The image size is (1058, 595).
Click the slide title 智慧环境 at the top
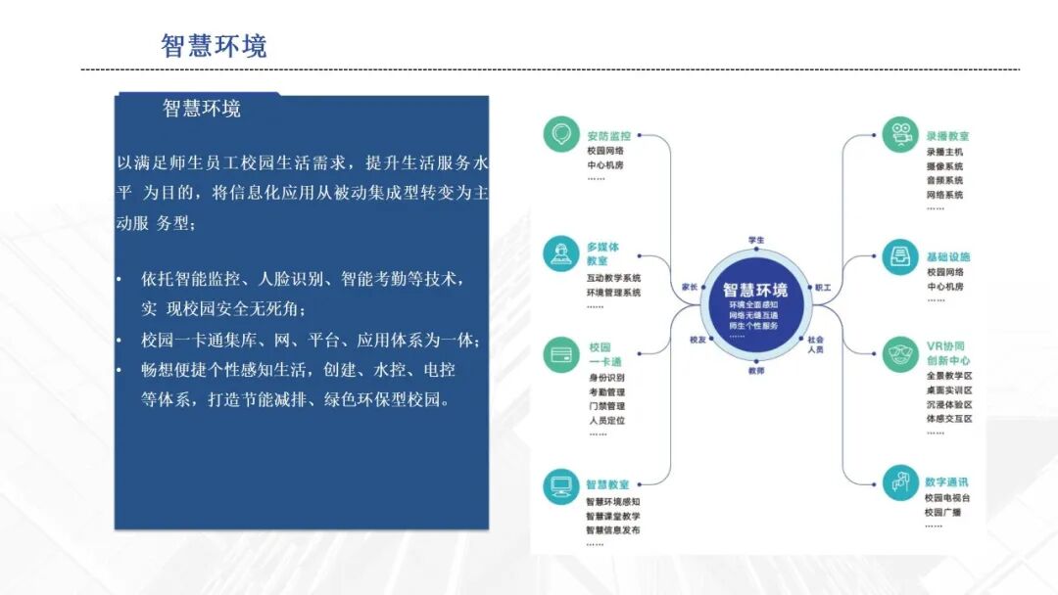point(214,45)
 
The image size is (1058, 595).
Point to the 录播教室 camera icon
point(899,135)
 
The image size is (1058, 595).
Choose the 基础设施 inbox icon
point(899,256)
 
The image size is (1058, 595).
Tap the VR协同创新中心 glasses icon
point(899,352)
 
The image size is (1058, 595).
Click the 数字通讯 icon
point(899,481)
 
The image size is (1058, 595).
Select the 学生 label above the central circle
point(756,240)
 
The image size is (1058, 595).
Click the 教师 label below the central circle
point(756,371)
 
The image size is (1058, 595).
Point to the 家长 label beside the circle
point(690,288)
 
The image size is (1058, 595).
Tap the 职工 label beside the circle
point(823,288)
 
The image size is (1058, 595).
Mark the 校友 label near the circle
point(697,340)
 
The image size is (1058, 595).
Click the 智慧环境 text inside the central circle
point(755,291)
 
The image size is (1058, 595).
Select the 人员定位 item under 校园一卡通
point(605,421)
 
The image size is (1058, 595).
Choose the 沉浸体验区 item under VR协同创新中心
point(948,404)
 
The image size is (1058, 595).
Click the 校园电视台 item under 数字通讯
point(948,497)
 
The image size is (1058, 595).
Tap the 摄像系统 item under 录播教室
point(944,166)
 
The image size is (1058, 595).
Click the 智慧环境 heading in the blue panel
point(202,109)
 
